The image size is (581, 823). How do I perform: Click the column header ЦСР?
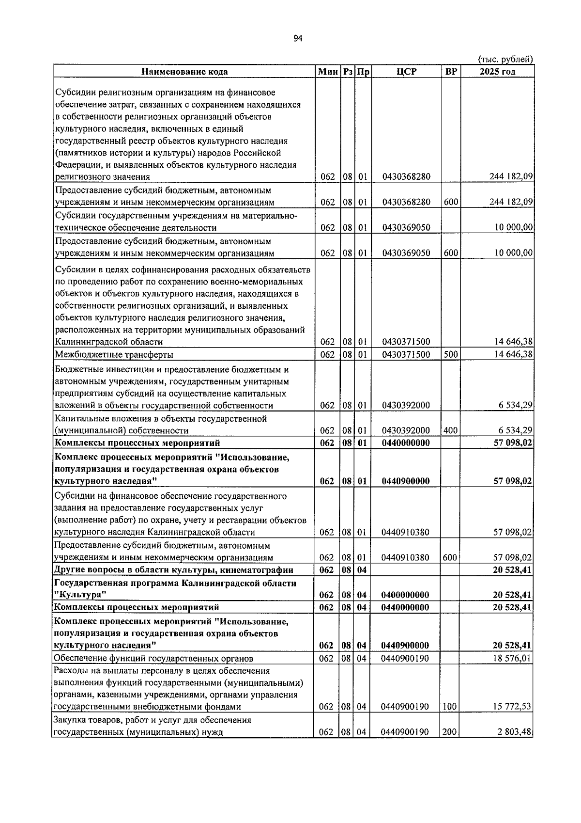click(406, 72)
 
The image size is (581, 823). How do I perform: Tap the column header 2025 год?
click(497, 72)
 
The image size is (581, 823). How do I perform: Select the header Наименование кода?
click(184, 72)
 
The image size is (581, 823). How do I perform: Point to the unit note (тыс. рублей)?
click(505, 59)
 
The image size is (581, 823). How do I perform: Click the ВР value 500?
click(450, 354)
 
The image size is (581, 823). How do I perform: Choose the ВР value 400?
click(450, 430)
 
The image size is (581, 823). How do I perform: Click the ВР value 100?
click(449, 707)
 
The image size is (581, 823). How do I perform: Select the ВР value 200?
click(449, 732)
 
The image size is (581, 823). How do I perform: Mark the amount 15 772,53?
click(512, 707)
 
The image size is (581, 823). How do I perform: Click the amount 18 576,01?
click(512, 658)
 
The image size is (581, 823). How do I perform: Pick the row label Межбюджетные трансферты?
click(114, 354)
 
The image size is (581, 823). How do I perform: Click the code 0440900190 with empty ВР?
click(405, 658)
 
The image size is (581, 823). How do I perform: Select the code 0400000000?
click(405, 595)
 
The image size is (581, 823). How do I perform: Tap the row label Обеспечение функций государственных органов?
click(153, 658)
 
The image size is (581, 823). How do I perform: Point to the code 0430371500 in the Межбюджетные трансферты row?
click(406, 354)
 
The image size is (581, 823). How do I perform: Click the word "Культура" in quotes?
click(80, 595)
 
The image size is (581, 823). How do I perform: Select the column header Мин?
click(328, 72)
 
